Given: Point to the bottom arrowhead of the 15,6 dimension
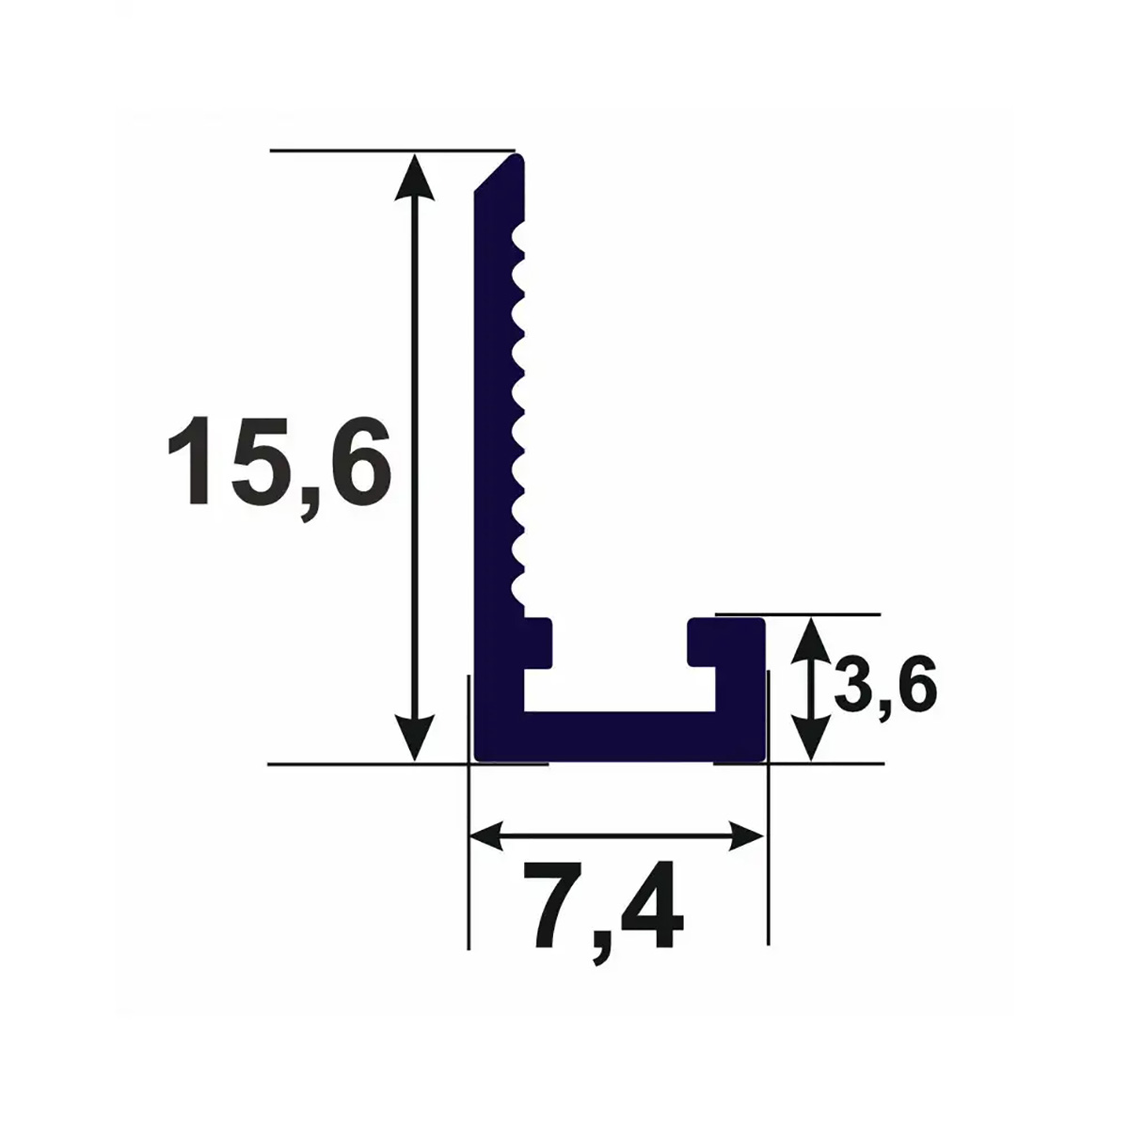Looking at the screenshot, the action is coord(415,737).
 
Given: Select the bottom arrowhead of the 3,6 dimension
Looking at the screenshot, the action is coord(811,739).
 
